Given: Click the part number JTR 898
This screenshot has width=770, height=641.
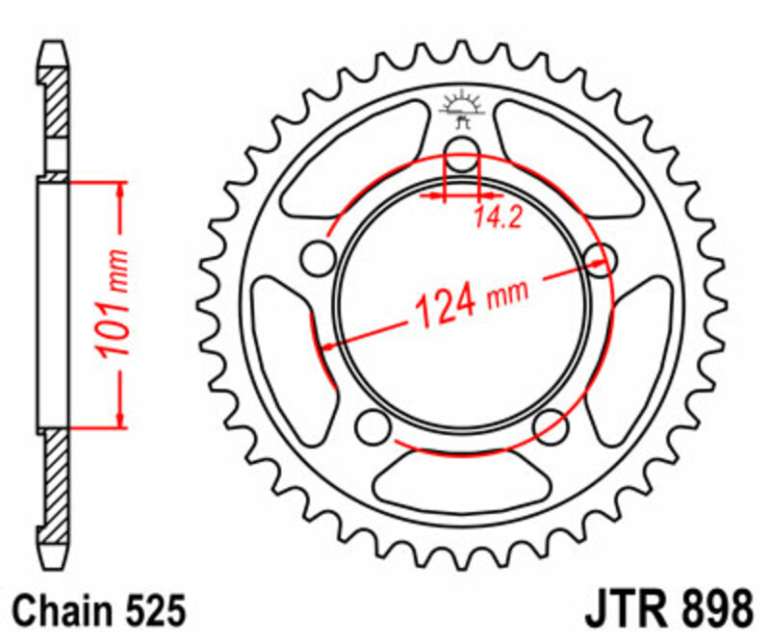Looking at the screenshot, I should [668, 610].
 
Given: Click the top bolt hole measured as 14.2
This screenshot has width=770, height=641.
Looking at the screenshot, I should [461, 150].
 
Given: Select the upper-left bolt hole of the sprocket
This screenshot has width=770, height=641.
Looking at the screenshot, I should [315, 257].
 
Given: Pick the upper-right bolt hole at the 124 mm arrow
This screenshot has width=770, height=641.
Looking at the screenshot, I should [598, 257].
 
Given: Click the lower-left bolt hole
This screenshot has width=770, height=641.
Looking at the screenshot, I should [370, 425].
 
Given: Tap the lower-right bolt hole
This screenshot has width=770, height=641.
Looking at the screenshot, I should [551, 425].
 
